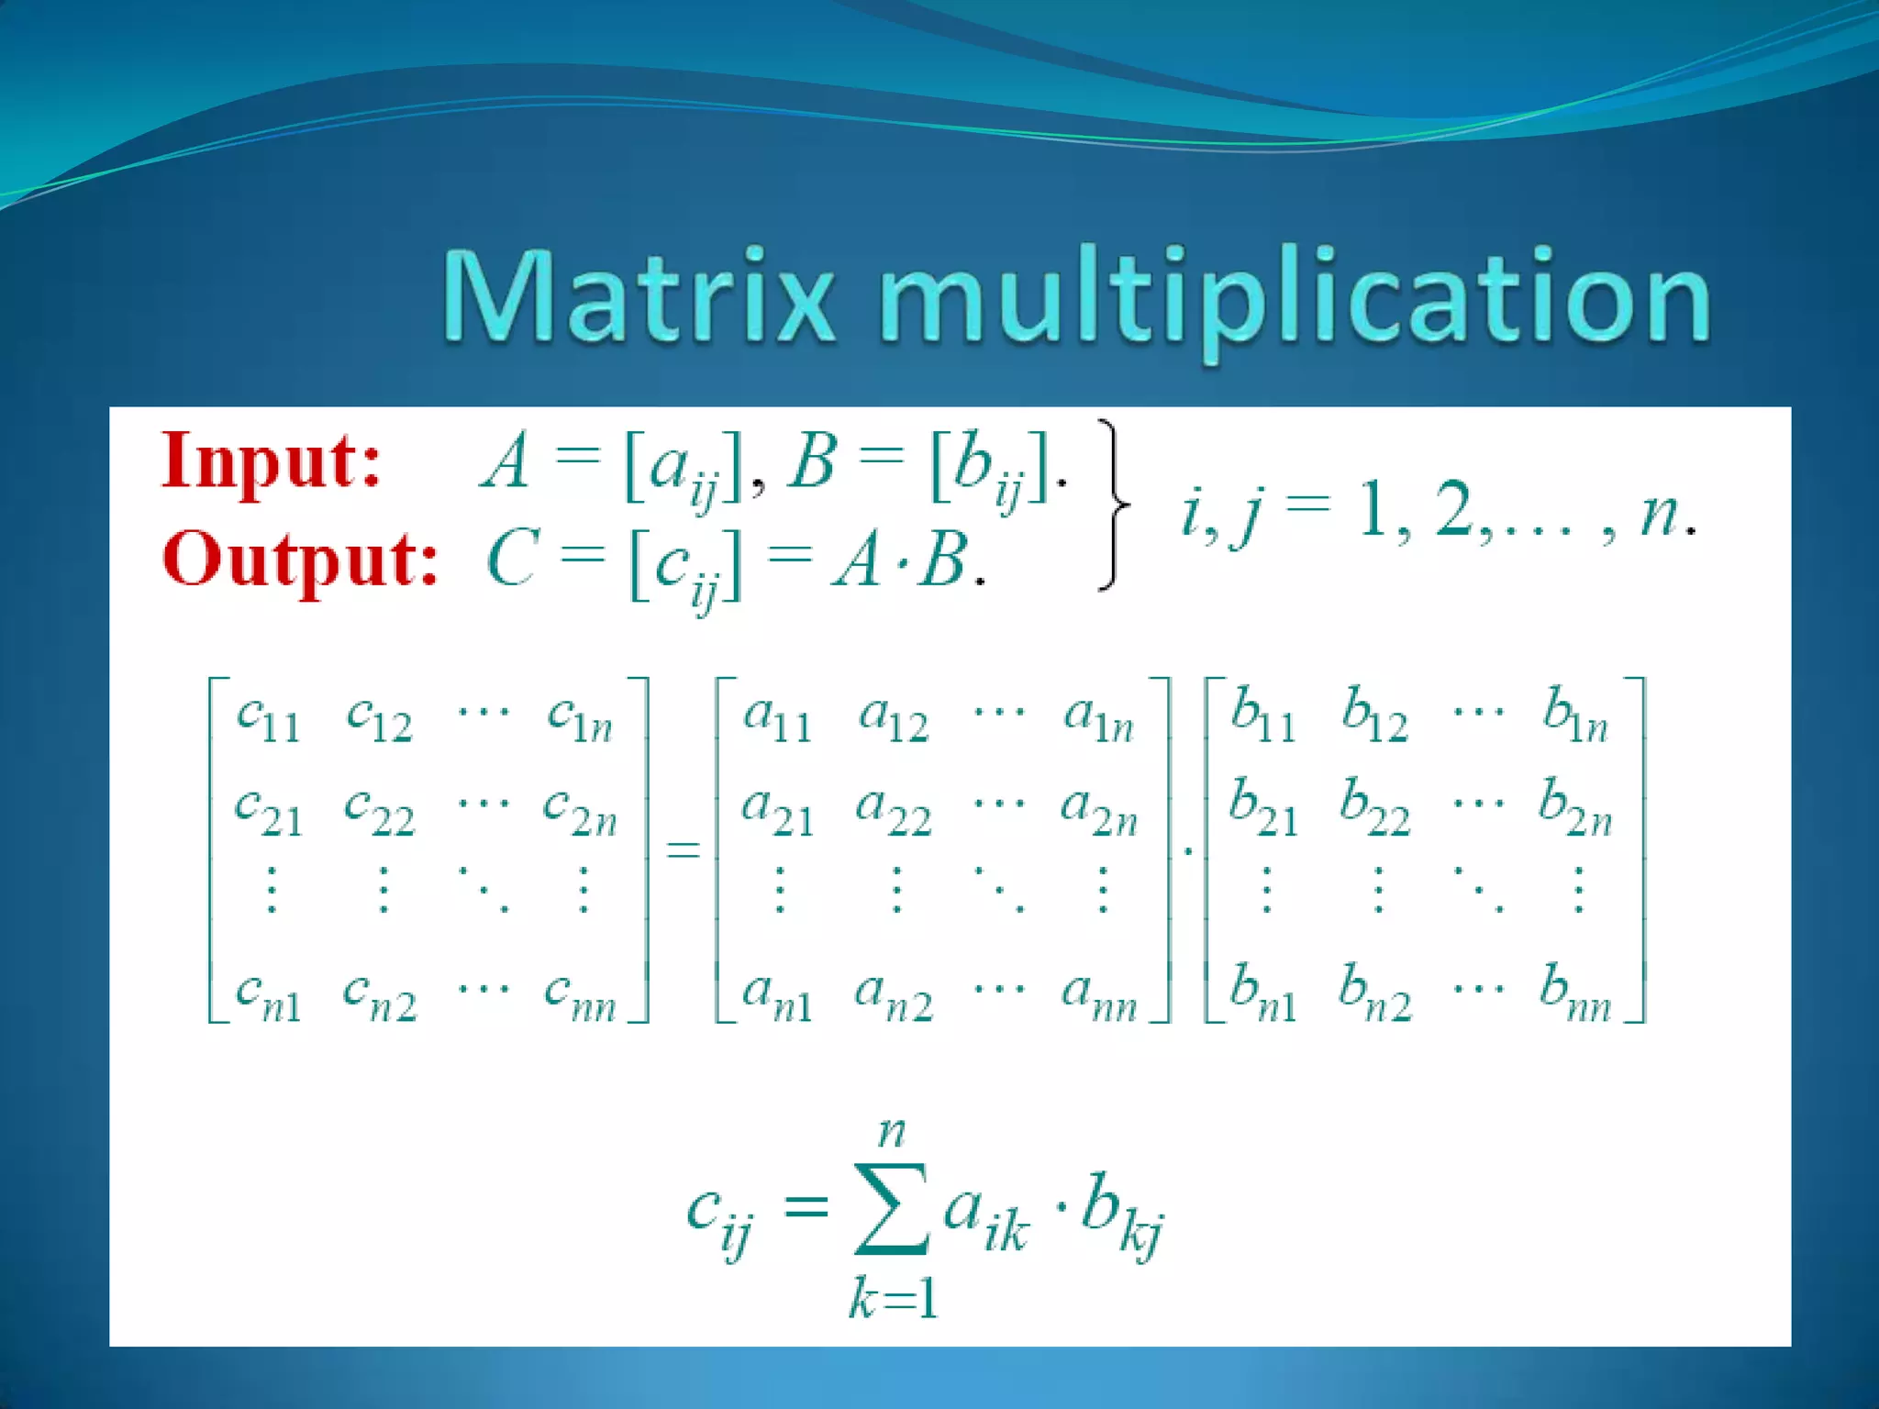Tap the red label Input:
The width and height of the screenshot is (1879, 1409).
[x=272, y=461]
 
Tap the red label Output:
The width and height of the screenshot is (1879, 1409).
[x=299, y=560]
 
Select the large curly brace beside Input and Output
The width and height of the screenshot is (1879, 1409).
[x=1112, y=505]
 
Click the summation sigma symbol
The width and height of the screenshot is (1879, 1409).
[x=891, y=1208]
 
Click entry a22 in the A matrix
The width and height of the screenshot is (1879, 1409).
[x=893, y=812]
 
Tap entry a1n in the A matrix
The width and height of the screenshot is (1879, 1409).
[x=1099, y=718]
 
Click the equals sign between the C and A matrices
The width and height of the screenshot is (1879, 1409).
[x=683, y=849]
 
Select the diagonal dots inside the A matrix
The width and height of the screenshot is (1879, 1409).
[x=999, y=890]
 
